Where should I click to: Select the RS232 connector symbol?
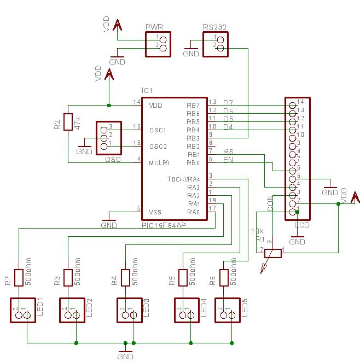click(215, 44)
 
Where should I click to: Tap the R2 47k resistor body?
click(68, 121)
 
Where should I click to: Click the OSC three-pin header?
click(108, 137)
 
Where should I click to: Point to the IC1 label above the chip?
click(147, 90)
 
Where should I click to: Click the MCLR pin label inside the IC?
click(160, 163)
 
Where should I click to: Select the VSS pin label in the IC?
click(155, 212)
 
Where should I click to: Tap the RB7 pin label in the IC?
click(193, 106)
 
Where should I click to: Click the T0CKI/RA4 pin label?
click(184, 179)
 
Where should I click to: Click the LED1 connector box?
click(22, 311)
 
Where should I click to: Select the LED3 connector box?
click(130, 311)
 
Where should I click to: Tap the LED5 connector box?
click(228, 311)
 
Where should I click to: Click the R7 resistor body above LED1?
click(19, 277)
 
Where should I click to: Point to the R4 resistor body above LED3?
click(126, 277)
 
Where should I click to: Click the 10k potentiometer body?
click(273, 253)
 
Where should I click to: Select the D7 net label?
click(228, 103)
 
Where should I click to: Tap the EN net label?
click(228, 160)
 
